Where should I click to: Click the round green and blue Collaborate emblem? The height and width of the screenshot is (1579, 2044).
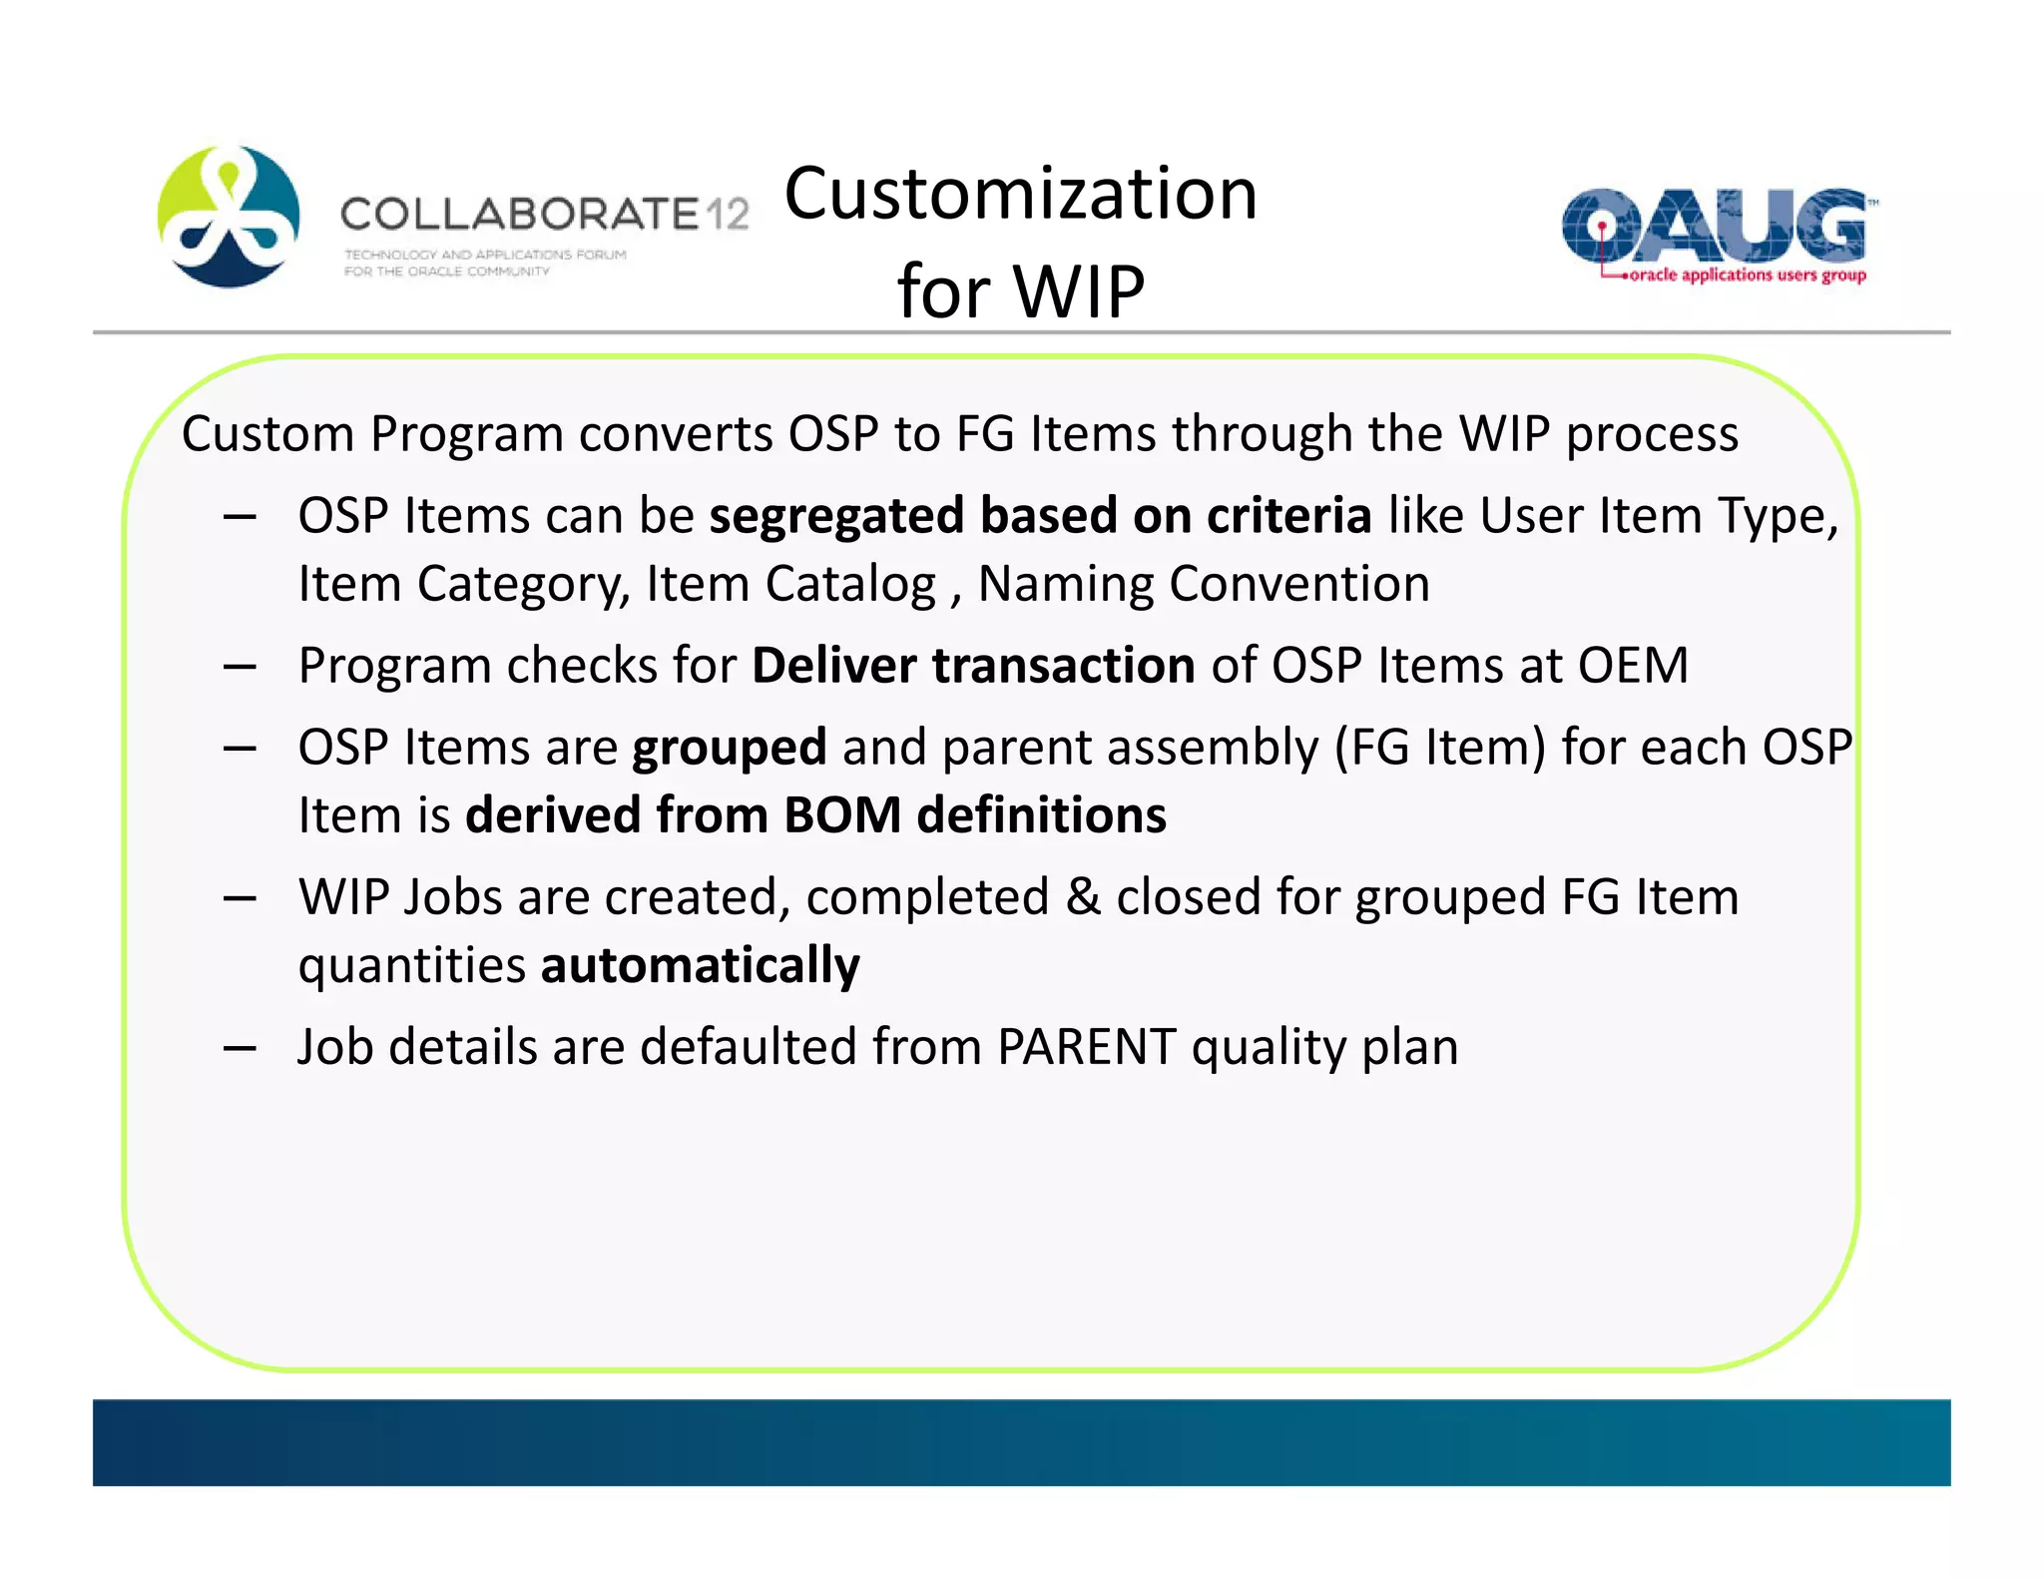(x=229, y=217)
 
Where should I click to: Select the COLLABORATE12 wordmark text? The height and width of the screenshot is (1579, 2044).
(x=544, y=214)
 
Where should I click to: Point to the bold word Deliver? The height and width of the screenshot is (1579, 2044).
(x=833, y=666)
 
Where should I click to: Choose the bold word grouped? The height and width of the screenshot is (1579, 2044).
(x=730, y=748)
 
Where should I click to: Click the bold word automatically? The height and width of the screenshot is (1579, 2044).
(x=700, y=965)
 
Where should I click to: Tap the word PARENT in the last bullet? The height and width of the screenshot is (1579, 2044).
(x=1086, y=1047)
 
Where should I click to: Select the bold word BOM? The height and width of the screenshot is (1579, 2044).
(x=842, y=815)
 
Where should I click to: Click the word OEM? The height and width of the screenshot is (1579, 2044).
(x=1633, y=666)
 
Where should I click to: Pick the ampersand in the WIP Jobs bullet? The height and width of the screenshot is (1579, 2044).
(x=1083, y=897)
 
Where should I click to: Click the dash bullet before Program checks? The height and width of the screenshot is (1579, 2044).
(x=240, y=667)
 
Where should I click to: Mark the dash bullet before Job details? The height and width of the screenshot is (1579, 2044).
(x=240, y=1048)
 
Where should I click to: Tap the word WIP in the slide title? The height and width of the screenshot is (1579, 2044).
(x=1078, y=291)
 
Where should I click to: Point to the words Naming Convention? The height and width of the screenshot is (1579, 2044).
(x=1203, y=584)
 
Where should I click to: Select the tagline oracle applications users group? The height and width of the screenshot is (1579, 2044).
(x=1746, y=274)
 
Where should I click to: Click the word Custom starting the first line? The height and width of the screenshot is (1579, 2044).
(x=267, y=434)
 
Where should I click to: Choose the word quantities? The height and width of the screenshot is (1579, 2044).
(x=411, y=965)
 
